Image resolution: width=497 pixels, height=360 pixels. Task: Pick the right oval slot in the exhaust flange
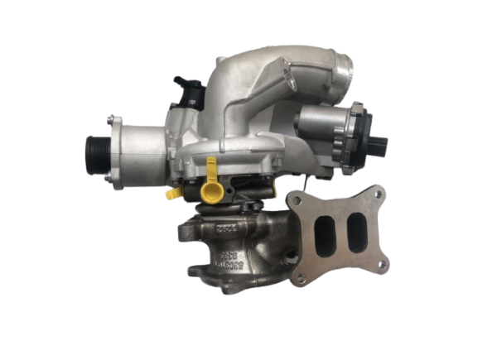[x=357, y=225]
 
